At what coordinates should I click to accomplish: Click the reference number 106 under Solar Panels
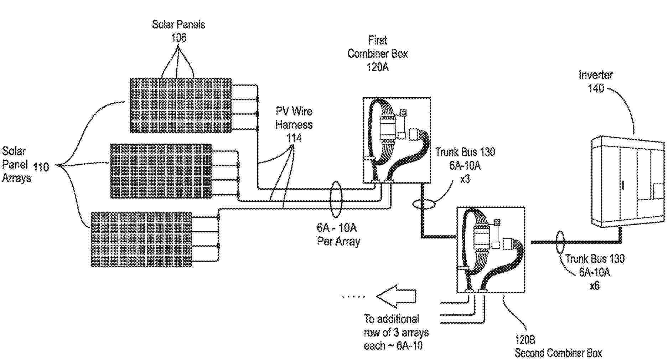click(x=178, y=38)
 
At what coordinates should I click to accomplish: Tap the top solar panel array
click(x=181, y=106)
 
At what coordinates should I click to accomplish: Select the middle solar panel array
click(x=161, y=171)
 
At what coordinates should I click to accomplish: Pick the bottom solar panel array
click(x=141, y=240)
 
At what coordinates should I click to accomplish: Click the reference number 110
click(x=41, y=166)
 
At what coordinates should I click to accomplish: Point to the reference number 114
click(x=294, y=138)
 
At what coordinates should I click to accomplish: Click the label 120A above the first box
click(x=378, y=67)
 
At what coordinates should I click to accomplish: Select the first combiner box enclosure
click(x=397, y=140)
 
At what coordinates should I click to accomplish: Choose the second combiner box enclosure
click(x=491, y=250)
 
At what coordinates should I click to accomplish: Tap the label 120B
click(x=525, y=339)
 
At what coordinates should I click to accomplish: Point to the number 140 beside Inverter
click(x=596, y=88)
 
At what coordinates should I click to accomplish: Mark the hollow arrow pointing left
click(x=396, y=296)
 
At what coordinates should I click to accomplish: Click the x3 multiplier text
click(x=465, y=179)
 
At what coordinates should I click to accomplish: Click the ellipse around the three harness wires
click(x=336, y=199)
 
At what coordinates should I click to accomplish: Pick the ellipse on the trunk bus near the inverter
click(x=560, y=242)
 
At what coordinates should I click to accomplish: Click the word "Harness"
click(x=294, y=125)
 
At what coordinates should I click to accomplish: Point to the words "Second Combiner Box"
click(x=558, y=353)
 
